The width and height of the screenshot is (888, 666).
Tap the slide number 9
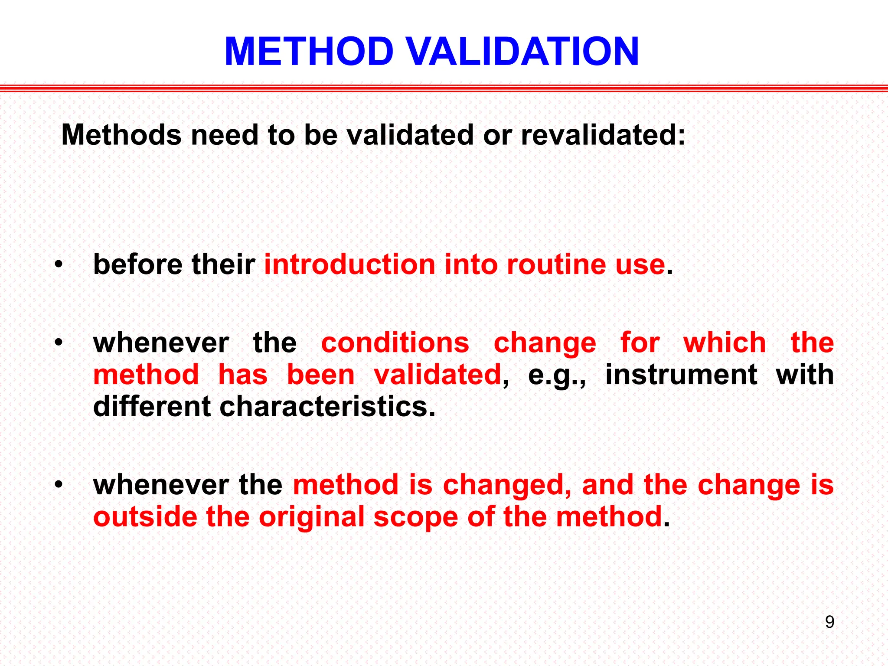pyautogui.click(x=829, y=622)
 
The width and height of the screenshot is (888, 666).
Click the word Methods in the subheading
pyautogui.click(x=121, y=135)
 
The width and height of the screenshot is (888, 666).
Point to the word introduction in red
pyautogui.click(x=349, y=264)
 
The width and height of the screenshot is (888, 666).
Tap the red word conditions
pyautogui.click(x=395, y=343)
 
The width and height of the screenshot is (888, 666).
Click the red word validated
pyautogui.click(x=437, y=375)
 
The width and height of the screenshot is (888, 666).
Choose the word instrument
pyautogui.click(x=681, y=375)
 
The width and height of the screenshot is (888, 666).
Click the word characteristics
pyautogui.click(x=327, y=407)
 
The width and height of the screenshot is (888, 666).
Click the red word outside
pyautogui.click(x=145, y=517)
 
